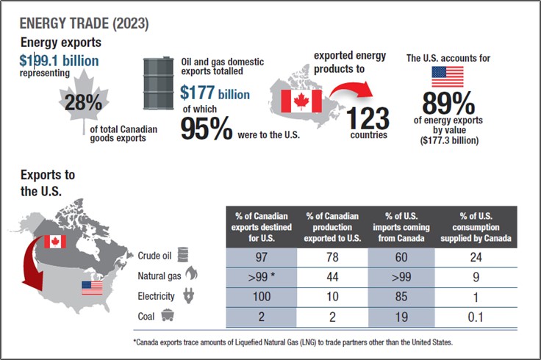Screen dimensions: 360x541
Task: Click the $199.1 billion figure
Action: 59,60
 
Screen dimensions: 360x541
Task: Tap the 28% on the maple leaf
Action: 83,103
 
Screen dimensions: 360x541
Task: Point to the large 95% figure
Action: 207,129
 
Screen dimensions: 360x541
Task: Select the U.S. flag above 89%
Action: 447,76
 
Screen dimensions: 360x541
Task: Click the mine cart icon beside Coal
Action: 168,317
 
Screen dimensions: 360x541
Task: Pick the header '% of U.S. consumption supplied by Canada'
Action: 475,226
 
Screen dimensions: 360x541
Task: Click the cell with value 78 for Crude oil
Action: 332,256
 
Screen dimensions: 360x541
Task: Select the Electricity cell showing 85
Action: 404,297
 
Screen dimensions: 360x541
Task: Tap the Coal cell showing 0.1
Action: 475,317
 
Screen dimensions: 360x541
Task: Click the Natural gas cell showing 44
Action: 332,276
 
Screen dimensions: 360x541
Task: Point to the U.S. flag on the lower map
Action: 92,287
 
